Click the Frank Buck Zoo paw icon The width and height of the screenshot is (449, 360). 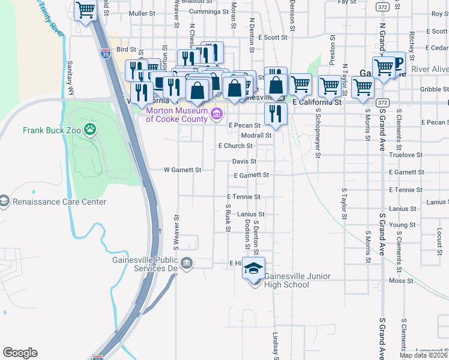[x=90, y=128]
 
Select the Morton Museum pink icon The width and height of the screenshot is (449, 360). [x=217, y=113]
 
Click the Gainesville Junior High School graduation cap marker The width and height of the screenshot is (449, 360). [x=253, y=268]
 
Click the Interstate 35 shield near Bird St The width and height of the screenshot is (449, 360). [x=106, y=54]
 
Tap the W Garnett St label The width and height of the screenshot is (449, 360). [x=182, y=170]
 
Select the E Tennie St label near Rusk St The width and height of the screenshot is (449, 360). [x=243, y=197]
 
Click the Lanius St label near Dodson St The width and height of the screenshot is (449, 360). [x=250, y=214]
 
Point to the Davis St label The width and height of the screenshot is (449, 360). [x=244, y=161]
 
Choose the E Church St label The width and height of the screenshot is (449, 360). [x=235, y=146]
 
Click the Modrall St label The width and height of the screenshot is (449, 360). [x=256, y=136]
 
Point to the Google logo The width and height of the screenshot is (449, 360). [x=20, y=353]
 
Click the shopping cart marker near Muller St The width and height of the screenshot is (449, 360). [x=86, y=10]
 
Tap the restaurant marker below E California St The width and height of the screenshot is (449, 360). [x=276, y=114]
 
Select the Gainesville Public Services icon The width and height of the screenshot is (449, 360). [x=187, y=263]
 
